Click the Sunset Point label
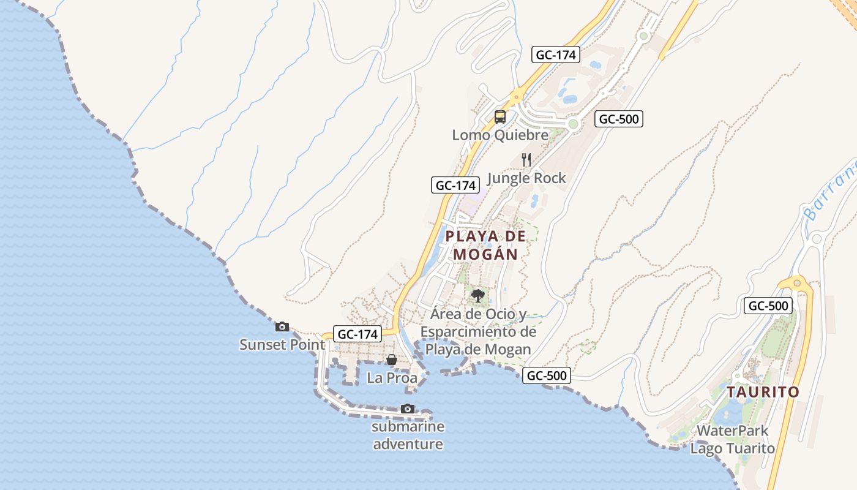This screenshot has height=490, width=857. click(282, 345)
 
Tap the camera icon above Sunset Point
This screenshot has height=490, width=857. click(282, 327)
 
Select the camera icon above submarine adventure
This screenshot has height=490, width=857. click(407, 409)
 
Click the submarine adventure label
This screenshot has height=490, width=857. click(408, 435)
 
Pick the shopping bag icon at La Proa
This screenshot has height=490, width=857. click(392, 360)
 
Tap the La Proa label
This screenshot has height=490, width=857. click(392, 378)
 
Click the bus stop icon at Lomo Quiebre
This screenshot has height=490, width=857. click(500, 116)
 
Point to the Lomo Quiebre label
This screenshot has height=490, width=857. click(500, 135)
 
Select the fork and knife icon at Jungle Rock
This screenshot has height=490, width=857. click(526, 160)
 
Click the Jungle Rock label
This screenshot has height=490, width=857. click(526, 178)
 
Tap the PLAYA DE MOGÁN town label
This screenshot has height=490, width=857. click(485, 245)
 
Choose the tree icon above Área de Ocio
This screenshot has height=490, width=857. click(477, 296)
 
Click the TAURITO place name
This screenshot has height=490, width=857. click(763, 392)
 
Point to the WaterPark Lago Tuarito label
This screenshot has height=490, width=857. click(732, 439)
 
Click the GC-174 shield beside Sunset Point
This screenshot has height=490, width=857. click(358, 334)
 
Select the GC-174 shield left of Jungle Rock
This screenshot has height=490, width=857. click(455, 185)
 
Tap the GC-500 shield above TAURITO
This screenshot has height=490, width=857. click(768, 306)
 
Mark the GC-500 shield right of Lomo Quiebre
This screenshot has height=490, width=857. click(619, 119)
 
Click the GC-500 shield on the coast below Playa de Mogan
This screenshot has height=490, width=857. click(547, 375)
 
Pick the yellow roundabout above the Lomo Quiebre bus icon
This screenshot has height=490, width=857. click(518, 96)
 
